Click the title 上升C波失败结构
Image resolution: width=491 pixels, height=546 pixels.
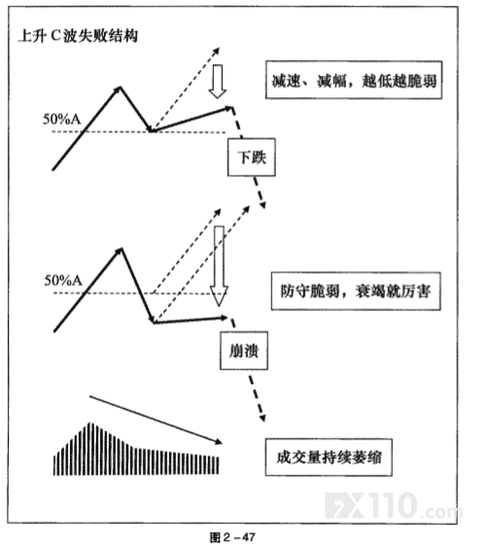pos(78,36)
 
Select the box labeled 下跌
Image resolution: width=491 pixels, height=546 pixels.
pos(251,157)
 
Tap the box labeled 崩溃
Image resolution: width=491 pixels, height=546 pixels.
pos(244,351)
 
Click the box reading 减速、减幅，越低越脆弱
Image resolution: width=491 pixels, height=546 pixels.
pos(354,80)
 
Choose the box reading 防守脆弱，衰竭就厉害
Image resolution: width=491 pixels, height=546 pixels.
pos(356,291)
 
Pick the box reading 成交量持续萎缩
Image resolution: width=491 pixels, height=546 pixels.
pos(329,458)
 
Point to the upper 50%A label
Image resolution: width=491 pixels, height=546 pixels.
pos(61,119)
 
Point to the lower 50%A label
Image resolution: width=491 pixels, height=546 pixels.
pos(63,281)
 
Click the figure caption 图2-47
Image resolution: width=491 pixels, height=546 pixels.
pos(232,536)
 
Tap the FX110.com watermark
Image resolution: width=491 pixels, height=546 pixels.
pos(393,505)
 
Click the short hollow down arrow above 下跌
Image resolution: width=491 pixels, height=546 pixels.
pos(218,82)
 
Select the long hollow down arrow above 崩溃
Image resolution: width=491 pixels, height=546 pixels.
pos(219,266)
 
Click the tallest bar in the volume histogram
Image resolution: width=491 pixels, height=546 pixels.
pos(91,449)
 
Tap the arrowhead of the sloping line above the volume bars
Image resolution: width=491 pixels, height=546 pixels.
pos(219,442)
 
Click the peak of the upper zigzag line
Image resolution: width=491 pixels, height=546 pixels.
pos(121,86)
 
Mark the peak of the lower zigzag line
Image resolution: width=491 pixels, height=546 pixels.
pos(122,248)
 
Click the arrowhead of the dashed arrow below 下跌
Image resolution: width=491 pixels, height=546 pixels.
pos(263,205)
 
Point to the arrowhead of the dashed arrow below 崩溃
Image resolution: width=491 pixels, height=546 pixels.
pos(263,418)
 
